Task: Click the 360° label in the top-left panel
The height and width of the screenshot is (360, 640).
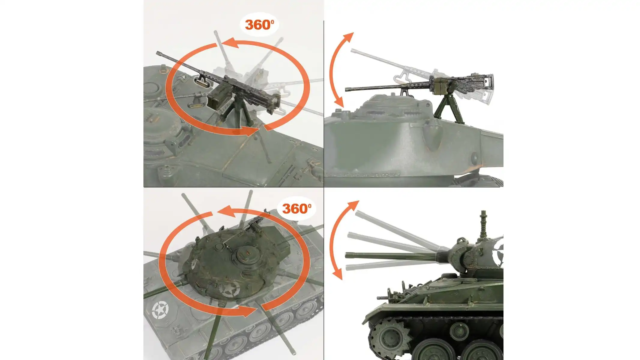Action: pos(260,25)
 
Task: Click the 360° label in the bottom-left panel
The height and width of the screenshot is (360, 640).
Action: pos(296,208)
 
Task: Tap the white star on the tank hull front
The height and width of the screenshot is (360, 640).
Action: pos(160,310)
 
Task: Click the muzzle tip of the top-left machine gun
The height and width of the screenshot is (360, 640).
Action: pos(158,53)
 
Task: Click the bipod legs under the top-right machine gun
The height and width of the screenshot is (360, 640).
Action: pos(447,109)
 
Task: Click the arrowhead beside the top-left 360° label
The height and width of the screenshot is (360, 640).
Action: pos(233,43)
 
